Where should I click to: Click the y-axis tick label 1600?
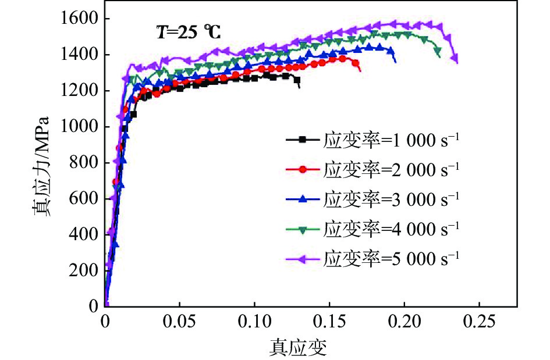[81, 19]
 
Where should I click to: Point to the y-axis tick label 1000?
[81, 127]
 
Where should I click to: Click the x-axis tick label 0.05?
[179, 321]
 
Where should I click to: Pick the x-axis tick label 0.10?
[254, 321]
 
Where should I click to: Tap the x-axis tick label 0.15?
[329, 321]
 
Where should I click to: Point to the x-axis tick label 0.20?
[404, 321]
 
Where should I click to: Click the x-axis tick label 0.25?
[479, 321]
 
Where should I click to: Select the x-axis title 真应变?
[297, 347]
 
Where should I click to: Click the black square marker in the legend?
[302, 139]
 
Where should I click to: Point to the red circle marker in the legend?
[302, 169]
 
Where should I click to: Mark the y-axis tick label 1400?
[81, 55]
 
